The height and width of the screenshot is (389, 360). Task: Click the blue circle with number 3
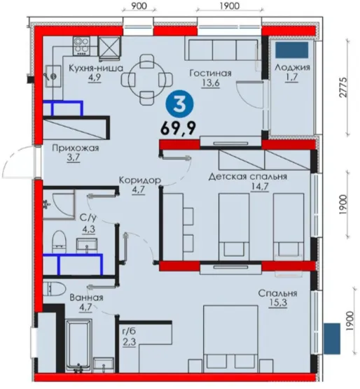tap(179, 104)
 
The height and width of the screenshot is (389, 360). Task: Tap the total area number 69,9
tap(178, 128)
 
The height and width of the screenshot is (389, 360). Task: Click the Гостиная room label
tap(210, 73)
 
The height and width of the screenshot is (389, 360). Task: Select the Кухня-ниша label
tap(95, 68)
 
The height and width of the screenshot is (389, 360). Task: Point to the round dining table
tap(146, 79)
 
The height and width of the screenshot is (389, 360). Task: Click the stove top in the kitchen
tap(81, 46)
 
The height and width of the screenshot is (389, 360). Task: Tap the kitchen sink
tap(53, 76)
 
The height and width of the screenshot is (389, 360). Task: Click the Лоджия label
tap(292, 67)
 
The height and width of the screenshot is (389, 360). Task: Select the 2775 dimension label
tap(343, 87)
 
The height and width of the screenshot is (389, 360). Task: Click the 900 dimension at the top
tap(139, 6)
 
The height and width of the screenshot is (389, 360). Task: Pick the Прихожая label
tap(76, 148)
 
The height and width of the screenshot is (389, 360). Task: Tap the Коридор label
tap(140, 180)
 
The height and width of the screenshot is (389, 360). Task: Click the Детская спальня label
tap(247, 176)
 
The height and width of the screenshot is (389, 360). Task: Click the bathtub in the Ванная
tap(79, 346)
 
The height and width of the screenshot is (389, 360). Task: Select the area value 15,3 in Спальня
tap(277, 303)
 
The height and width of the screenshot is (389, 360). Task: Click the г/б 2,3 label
tap(130, 337)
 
